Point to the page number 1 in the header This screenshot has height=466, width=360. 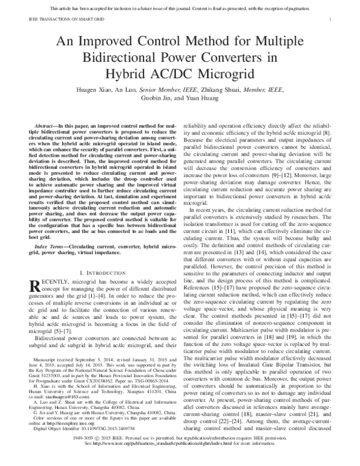pyautogui.click(x=331, y=20)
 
